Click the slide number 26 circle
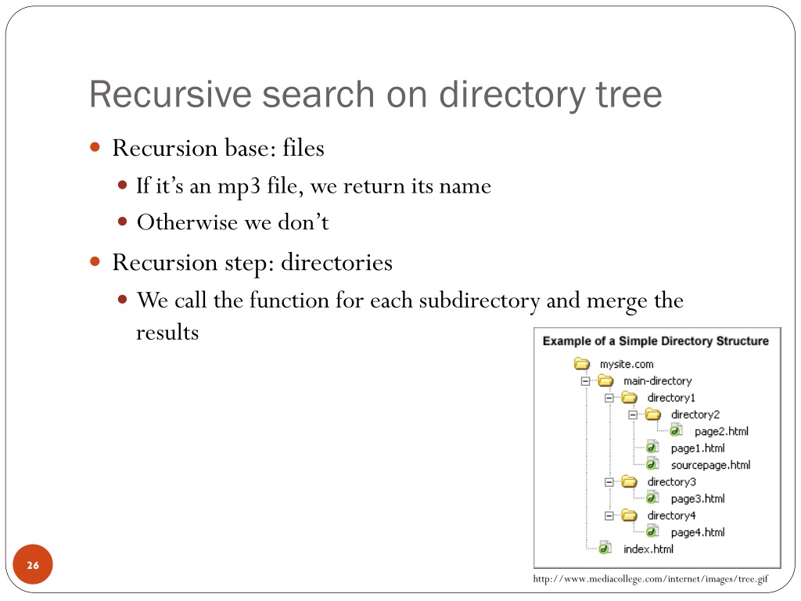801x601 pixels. tap(33, 565)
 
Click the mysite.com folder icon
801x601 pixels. tap(581, 364)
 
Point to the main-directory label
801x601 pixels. tap(657, 381)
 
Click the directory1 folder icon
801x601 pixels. tap(629, 398)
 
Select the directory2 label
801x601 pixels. tap(695, 415)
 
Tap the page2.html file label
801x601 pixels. tap(721, 431)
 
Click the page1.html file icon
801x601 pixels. tap(652, 448)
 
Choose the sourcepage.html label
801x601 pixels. tap(710, 465)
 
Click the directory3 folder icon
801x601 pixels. tap(629, 482)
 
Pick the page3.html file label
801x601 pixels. tap(698, 498)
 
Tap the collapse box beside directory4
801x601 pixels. tap(609, 516)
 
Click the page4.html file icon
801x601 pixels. tap(652, 532)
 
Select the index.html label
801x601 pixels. tap(648, 549)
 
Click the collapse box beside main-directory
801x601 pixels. tap(585, 381)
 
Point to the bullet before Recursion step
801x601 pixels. tap(95, 261)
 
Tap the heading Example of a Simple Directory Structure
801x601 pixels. tap(656, 341)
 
